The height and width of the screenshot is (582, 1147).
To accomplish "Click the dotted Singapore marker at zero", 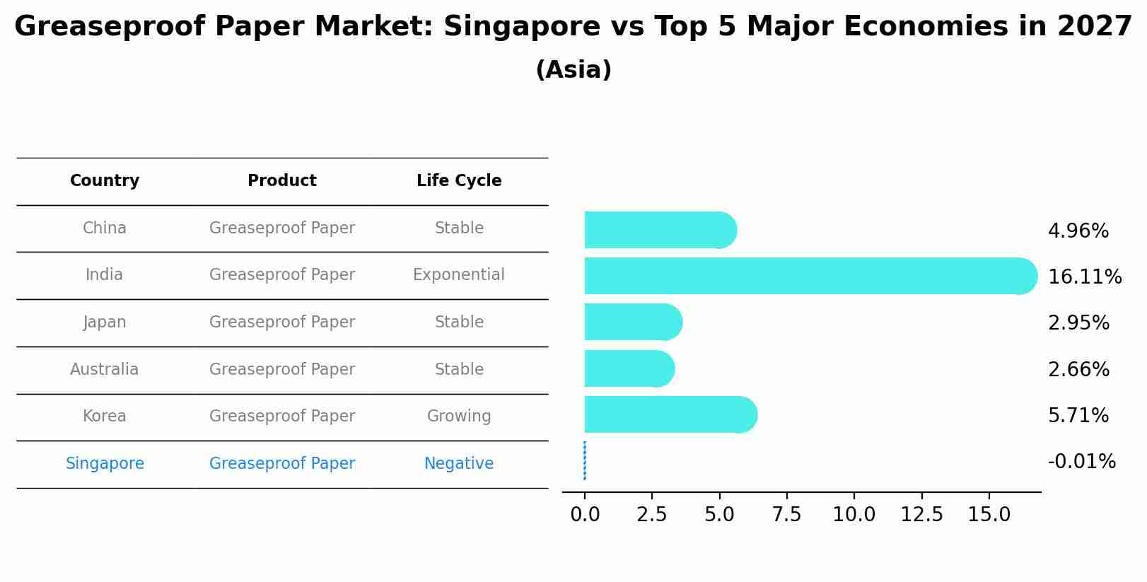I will (585, 460).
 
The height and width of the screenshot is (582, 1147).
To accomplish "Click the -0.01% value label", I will (1081, 462).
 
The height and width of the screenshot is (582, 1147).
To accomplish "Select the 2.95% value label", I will (1078, 323).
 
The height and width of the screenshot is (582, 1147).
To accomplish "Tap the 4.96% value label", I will (1078, 231).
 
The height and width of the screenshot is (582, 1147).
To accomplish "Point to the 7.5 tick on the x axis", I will (786, 515).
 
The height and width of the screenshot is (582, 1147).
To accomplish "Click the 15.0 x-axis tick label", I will (989, 515).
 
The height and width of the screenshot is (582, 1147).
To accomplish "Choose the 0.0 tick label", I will (585, 515).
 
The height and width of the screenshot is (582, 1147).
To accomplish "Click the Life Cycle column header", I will (459, 181).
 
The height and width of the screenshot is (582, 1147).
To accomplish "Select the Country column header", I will (105, 181).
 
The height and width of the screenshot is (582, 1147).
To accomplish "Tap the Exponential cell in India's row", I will (459, 275).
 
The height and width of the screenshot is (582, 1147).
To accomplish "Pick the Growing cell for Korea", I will (459, 417).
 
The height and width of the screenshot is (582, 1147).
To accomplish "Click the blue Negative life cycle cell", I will (459, 464).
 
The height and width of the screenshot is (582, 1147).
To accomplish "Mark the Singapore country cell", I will (105, 464).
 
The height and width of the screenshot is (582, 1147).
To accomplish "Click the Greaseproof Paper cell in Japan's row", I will (282, 322).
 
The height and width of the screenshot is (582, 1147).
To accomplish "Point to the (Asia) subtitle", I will (573, 70).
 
